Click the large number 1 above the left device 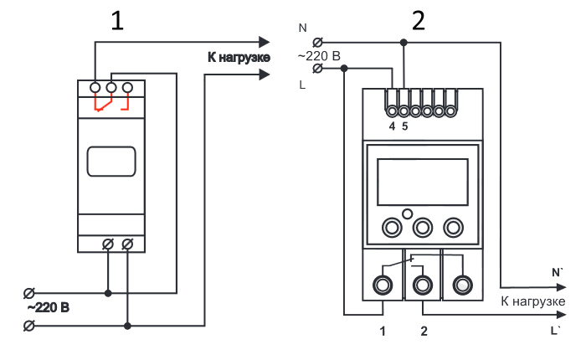tap(117, 21)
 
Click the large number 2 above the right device tap(419, 21)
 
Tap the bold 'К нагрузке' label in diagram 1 tap(239, 58)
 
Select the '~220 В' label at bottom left tap(49, 307)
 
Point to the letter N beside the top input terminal tap(303, 28)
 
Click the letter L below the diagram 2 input tap(302, 85)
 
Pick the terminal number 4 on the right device tap(392, 126)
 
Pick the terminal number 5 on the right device tap(404, 126)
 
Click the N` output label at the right tap(558, 273)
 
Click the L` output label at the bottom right tap(556, 331)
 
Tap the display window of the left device tap(111, 161)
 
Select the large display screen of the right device tap(423, 182)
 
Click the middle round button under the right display tap(423, 227)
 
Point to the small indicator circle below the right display tap(408, 213)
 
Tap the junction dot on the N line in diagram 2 tap(404, 43)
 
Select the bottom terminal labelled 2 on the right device tap(423, 285)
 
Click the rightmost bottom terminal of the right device tap(463, 285)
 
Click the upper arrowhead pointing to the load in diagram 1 tap(265, 42)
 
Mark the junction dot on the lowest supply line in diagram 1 tap(127, 326)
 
